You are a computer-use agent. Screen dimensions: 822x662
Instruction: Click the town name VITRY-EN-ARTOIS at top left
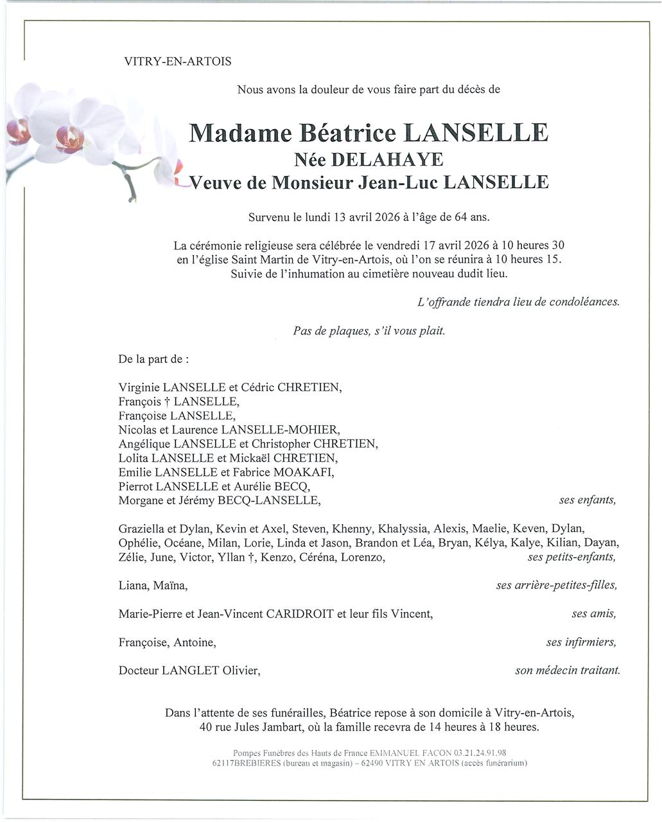(178, 62)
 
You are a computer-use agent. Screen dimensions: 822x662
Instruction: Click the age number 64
(461, 217)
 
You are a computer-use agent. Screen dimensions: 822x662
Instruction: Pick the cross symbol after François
(166, 402)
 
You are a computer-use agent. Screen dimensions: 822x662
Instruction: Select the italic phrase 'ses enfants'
(587, 500)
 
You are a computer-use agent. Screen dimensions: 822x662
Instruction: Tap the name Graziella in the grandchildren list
(141, 529)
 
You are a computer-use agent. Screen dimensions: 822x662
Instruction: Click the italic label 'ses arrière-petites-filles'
(556, 585)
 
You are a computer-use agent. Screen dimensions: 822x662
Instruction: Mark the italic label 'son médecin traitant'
(567, 670)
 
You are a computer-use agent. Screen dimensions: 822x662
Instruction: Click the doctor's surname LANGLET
(190, 670)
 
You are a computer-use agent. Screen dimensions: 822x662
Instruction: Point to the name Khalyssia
(403, 529)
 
